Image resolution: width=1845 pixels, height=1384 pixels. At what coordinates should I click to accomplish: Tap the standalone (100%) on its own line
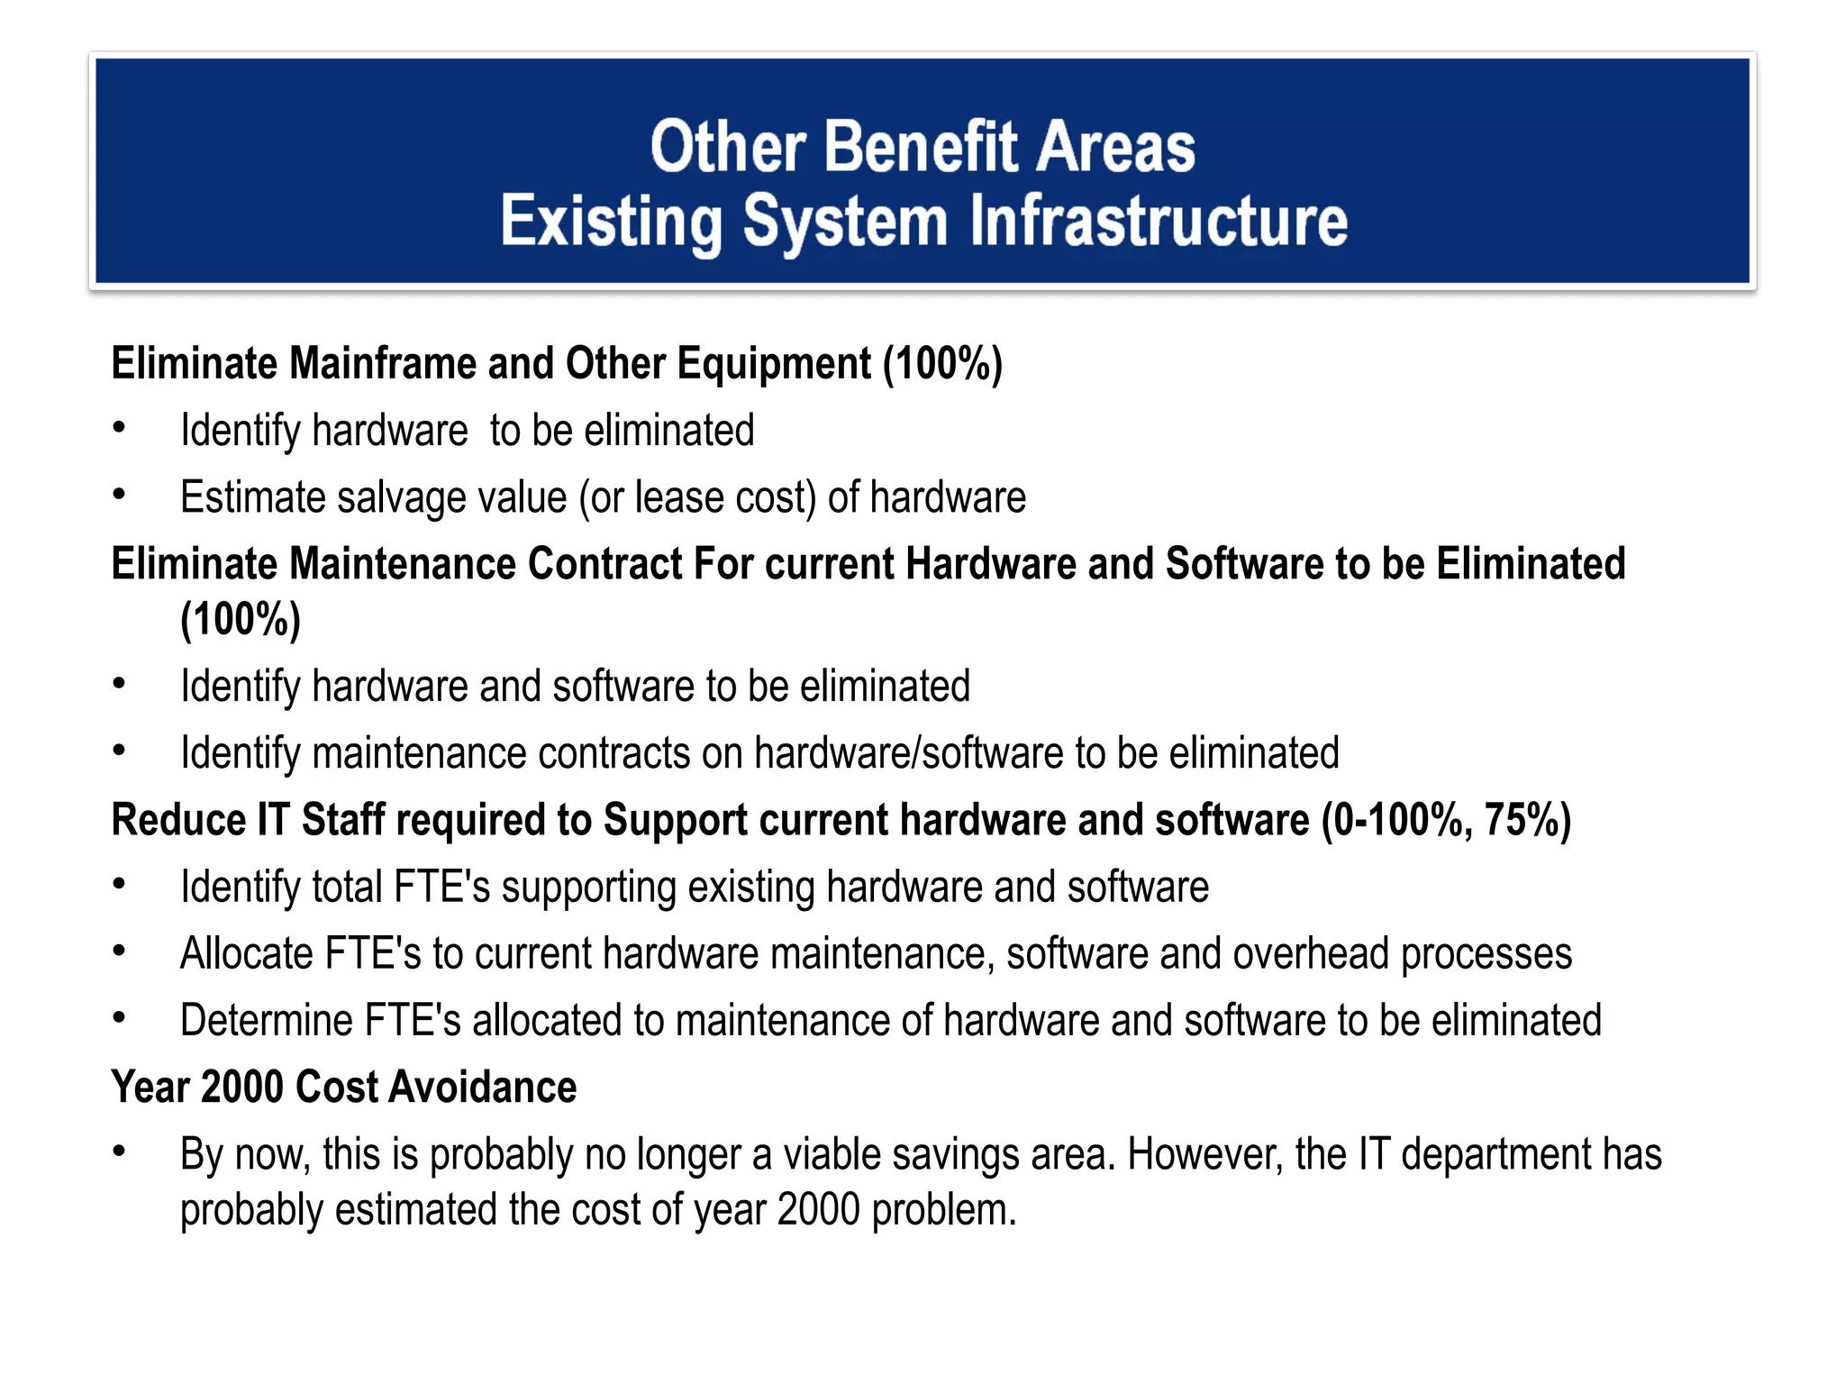pyautogui.click(x=241, y=620)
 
